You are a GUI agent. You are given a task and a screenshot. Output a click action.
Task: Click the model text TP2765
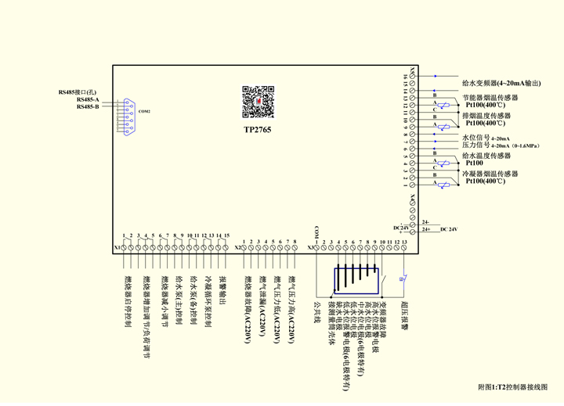point(257,130)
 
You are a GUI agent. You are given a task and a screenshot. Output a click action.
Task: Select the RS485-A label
point(88,99)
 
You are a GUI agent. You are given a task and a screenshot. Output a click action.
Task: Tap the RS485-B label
point(88,106)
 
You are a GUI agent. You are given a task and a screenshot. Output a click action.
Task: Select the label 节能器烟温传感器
point(492,98)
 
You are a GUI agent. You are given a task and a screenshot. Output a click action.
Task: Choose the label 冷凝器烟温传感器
point(492,174)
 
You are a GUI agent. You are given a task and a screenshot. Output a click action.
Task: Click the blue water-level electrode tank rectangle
point(356,279)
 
